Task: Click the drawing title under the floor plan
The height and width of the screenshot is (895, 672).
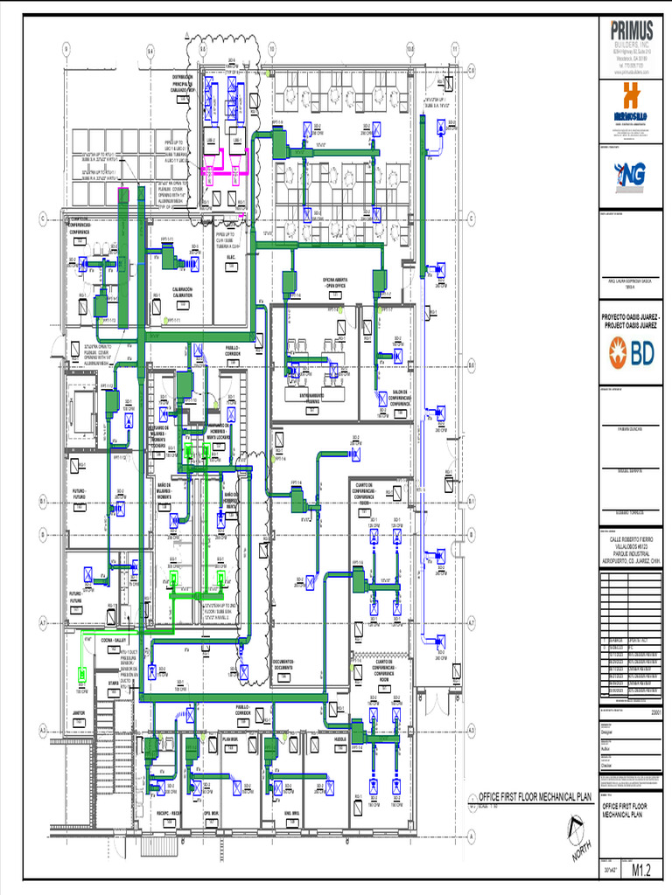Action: [535, 796]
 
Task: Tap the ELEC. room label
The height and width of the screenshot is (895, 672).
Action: [231, 257]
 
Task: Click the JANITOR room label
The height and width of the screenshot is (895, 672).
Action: [78, 713]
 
